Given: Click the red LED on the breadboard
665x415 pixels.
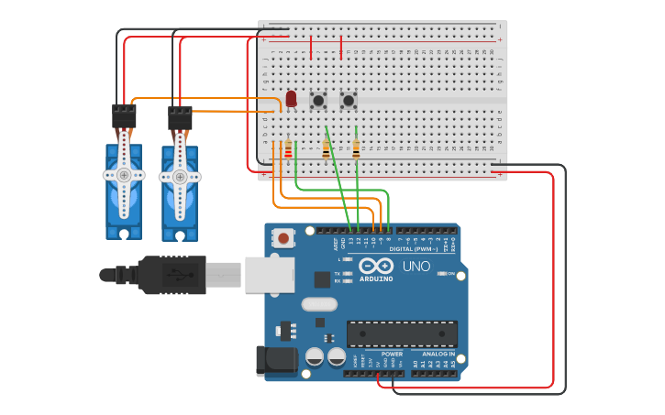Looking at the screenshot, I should pos(291,98).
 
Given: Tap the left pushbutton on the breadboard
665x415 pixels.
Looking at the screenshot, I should pos(319,100).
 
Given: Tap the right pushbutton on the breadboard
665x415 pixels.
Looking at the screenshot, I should pos(349,100).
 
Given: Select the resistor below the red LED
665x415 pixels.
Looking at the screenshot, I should pos(288,148).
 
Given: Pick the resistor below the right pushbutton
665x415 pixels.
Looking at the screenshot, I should pos(356,148).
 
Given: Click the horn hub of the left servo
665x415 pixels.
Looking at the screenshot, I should pos(124,174).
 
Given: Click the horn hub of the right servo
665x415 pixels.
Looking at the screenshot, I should pos(180,176).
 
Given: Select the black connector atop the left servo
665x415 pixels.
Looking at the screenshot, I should pos(124,115).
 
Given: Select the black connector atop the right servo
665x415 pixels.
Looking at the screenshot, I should pos(180,117).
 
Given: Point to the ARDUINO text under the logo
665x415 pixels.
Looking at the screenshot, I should pos(375,278).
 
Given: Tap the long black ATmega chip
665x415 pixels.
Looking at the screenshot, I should pos(401,334).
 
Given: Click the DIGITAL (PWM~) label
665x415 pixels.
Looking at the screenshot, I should pos(414,249).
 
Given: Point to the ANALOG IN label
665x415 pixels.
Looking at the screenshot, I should pos(438,354).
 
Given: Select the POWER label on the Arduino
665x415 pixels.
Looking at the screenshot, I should pos(392,354).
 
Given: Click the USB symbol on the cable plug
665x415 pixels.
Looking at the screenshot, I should pos(177,274).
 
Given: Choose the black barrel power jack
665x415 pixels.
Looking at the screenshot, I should pos(277,360).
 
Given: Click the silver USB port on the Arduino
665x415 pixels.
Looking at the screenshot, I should pos(270,274).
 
